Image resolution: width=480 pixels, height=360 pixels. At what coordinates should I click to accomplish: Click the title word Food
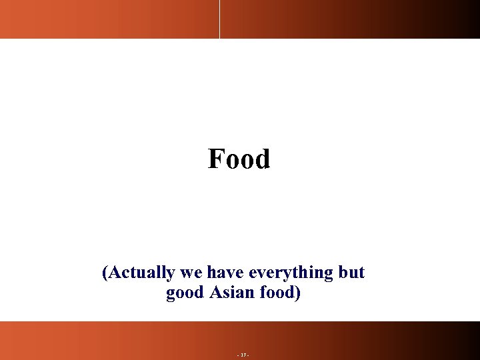click(x=239, y=159)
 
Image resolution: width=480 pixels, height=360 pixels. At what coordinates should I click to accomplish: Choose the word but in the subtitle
click(x=351, y=273)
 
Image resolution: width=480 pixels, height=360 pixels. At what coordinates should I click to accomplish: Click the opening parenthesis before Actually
click(x=105, y=273)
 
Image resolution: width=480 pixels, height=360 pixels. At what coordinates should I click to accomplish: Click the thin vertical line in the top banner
click(x=219, y=19)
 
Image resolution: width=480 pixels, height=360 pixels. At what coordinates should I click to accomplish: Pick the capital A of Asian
click(x=215, y=293)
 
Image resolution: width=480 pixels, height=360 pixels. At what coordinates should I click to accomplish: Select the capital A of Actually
click(x=114, y=273)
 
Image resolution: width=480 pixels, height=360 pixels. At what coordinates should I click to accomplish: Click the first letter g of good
click(x=171, y=295)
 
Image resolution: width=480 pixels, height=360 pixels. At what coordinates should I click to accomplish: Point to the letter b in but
click(x=343, y=273)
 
